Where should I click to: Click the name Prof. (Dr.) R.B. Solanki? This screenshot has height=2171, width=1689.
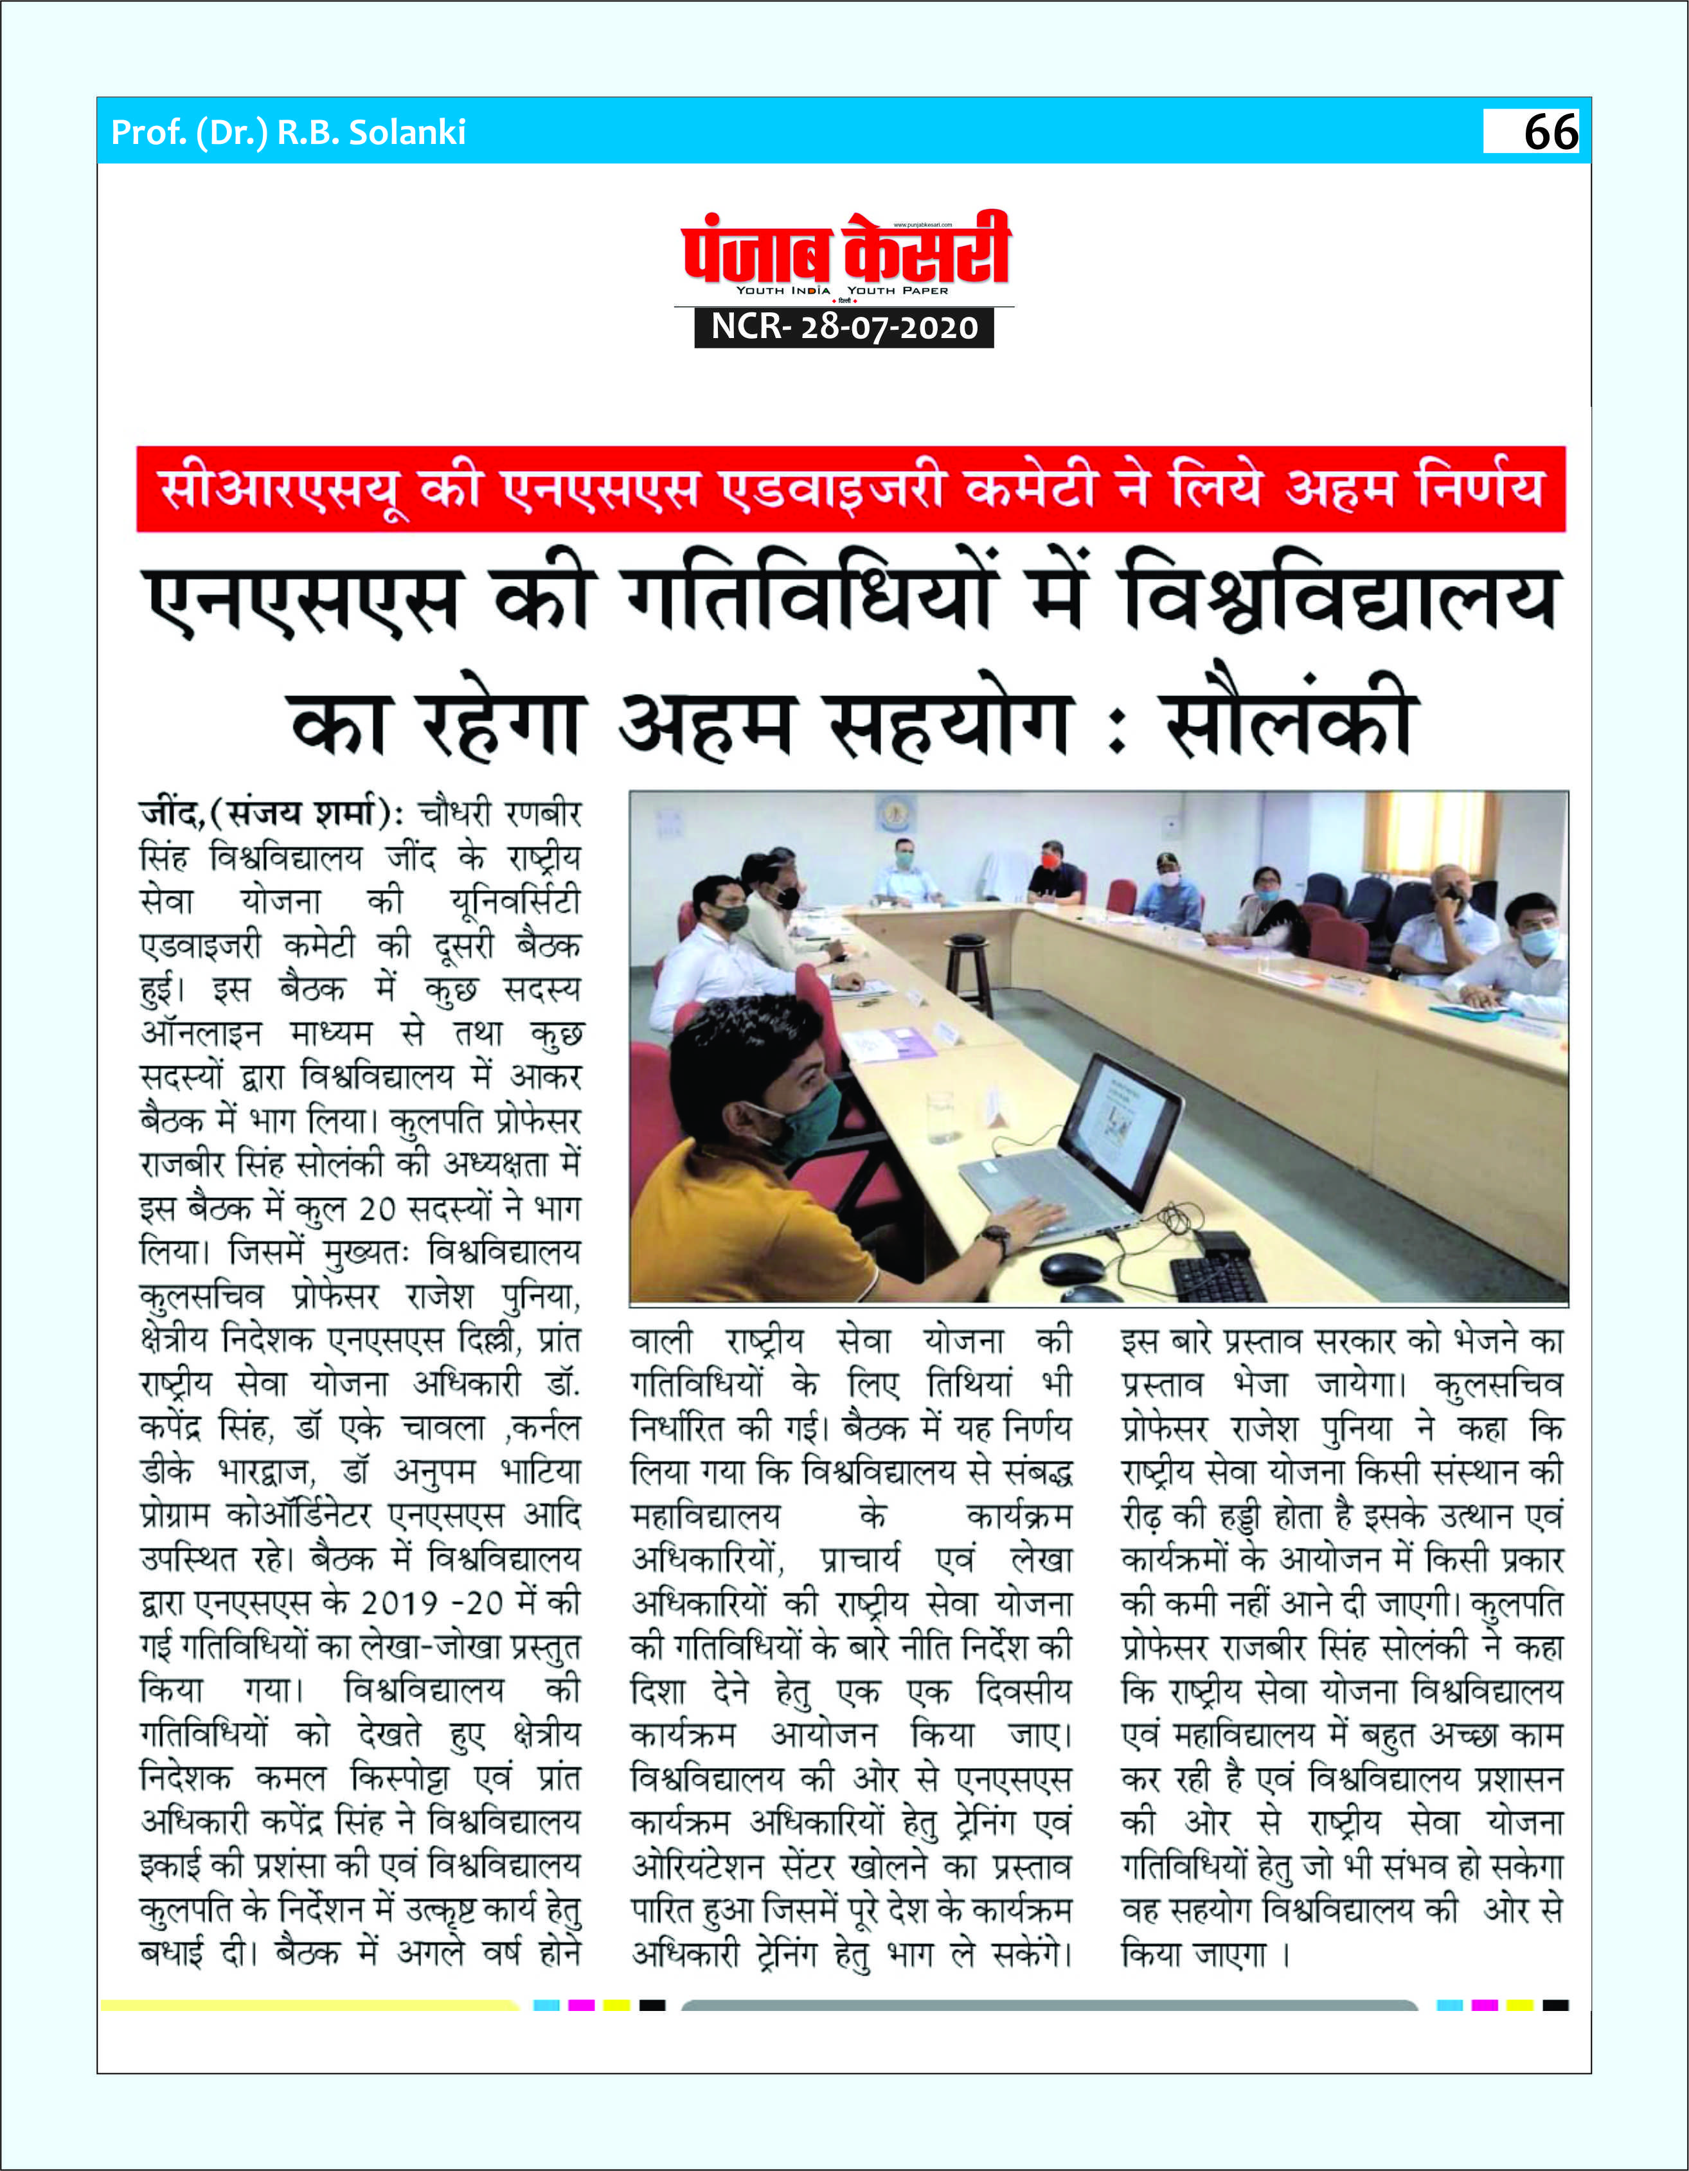coord(289,132)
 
